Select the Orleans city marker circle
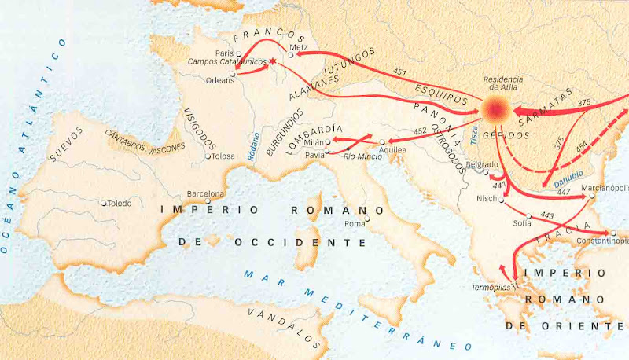click(x=233, y=75)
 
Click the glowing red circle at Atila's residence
click(x=495, y=110)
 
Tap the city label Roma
click(x=355, y=224)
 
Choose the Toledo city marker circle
click(x=104, y=202)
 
